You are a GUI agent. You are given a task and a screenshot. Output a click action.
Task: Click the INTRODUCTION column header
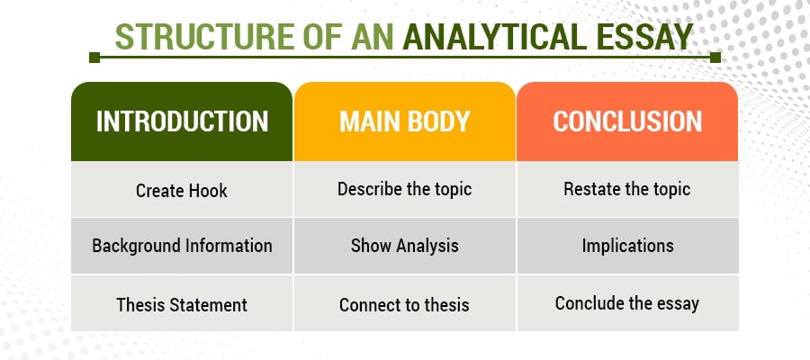click(182, 121)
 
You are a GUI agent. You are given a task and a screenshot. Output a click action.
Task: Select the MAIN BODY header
click(404, 121)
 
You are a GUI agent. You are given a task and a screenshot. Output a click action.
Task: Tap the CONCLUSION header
click(626, 121)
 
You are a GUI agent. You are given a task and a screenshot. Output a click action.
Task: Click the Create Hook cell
click(182, 190)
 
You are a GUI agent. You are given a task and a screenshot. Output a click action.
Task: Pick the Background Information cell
click(182, 245)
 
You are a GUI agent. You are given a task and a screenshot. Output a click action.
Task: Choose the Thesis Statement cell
click(182, 304)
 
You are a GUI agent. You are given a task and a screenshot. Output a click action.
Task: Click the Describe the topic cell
click(404, 189)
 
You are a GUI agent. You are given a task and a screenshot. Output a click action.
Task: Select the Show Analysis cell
click(404, 245)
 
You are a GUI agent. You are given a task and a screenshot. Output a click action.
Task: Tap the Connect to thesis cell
click(404, 304)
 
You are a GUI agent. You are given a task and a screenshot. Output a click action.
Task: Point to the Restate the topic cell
click(626, 189)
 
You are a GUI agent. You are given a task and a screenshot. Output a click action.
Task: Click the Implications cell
click(626, 245)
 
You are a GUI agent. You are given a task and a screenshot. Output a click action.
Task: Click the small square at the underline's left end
click(94, 58)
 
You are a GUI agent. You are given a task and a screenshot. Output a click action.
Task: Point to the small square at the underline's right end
click(715, 58)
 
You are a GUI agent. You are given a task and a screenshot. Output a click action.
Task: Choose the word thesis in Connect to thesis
click(445, 304)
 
